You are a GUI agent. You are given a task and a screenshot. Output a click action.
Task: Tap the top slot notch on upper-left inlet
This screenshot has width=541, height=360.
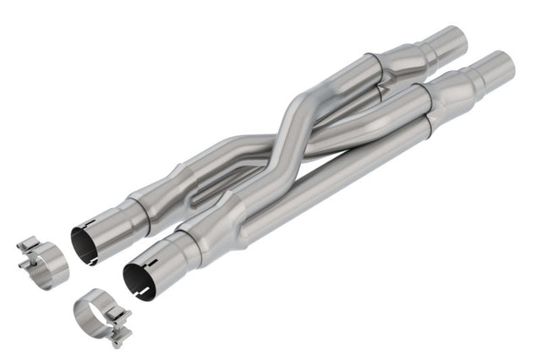click(x=90, y=224)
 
